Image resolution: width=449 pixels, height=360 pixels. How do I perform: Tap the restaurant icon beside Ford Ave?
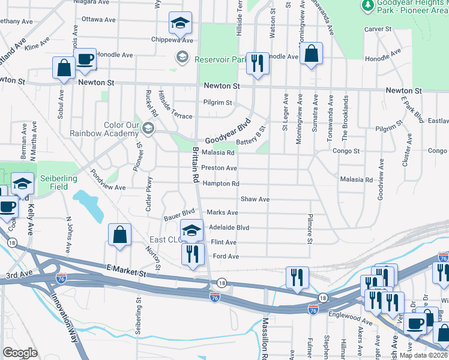(193, 254)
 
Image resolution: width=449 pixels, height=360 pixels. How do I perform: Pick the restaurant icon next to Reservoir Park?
(258, 63)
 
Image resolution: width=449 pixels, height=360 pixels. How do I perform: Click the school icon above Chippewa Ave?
(179, 23)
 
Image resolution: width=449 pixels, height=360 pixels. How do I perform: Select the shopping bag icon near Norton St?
(120, 236)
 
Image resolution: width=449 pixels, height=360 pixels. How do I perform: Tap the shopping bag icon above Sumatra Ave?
(311, 55)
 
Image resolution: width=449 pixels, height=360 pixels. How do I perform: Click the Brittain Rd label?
(195, 164)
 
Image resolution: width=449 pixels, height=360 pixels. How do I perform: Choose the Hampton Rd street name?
(220, 184)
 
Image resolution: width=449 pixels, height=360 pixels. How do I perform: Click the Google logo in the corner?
(20, 353)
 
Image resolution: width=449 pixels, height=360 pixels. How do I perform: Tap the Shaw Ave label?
(255, 199)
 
